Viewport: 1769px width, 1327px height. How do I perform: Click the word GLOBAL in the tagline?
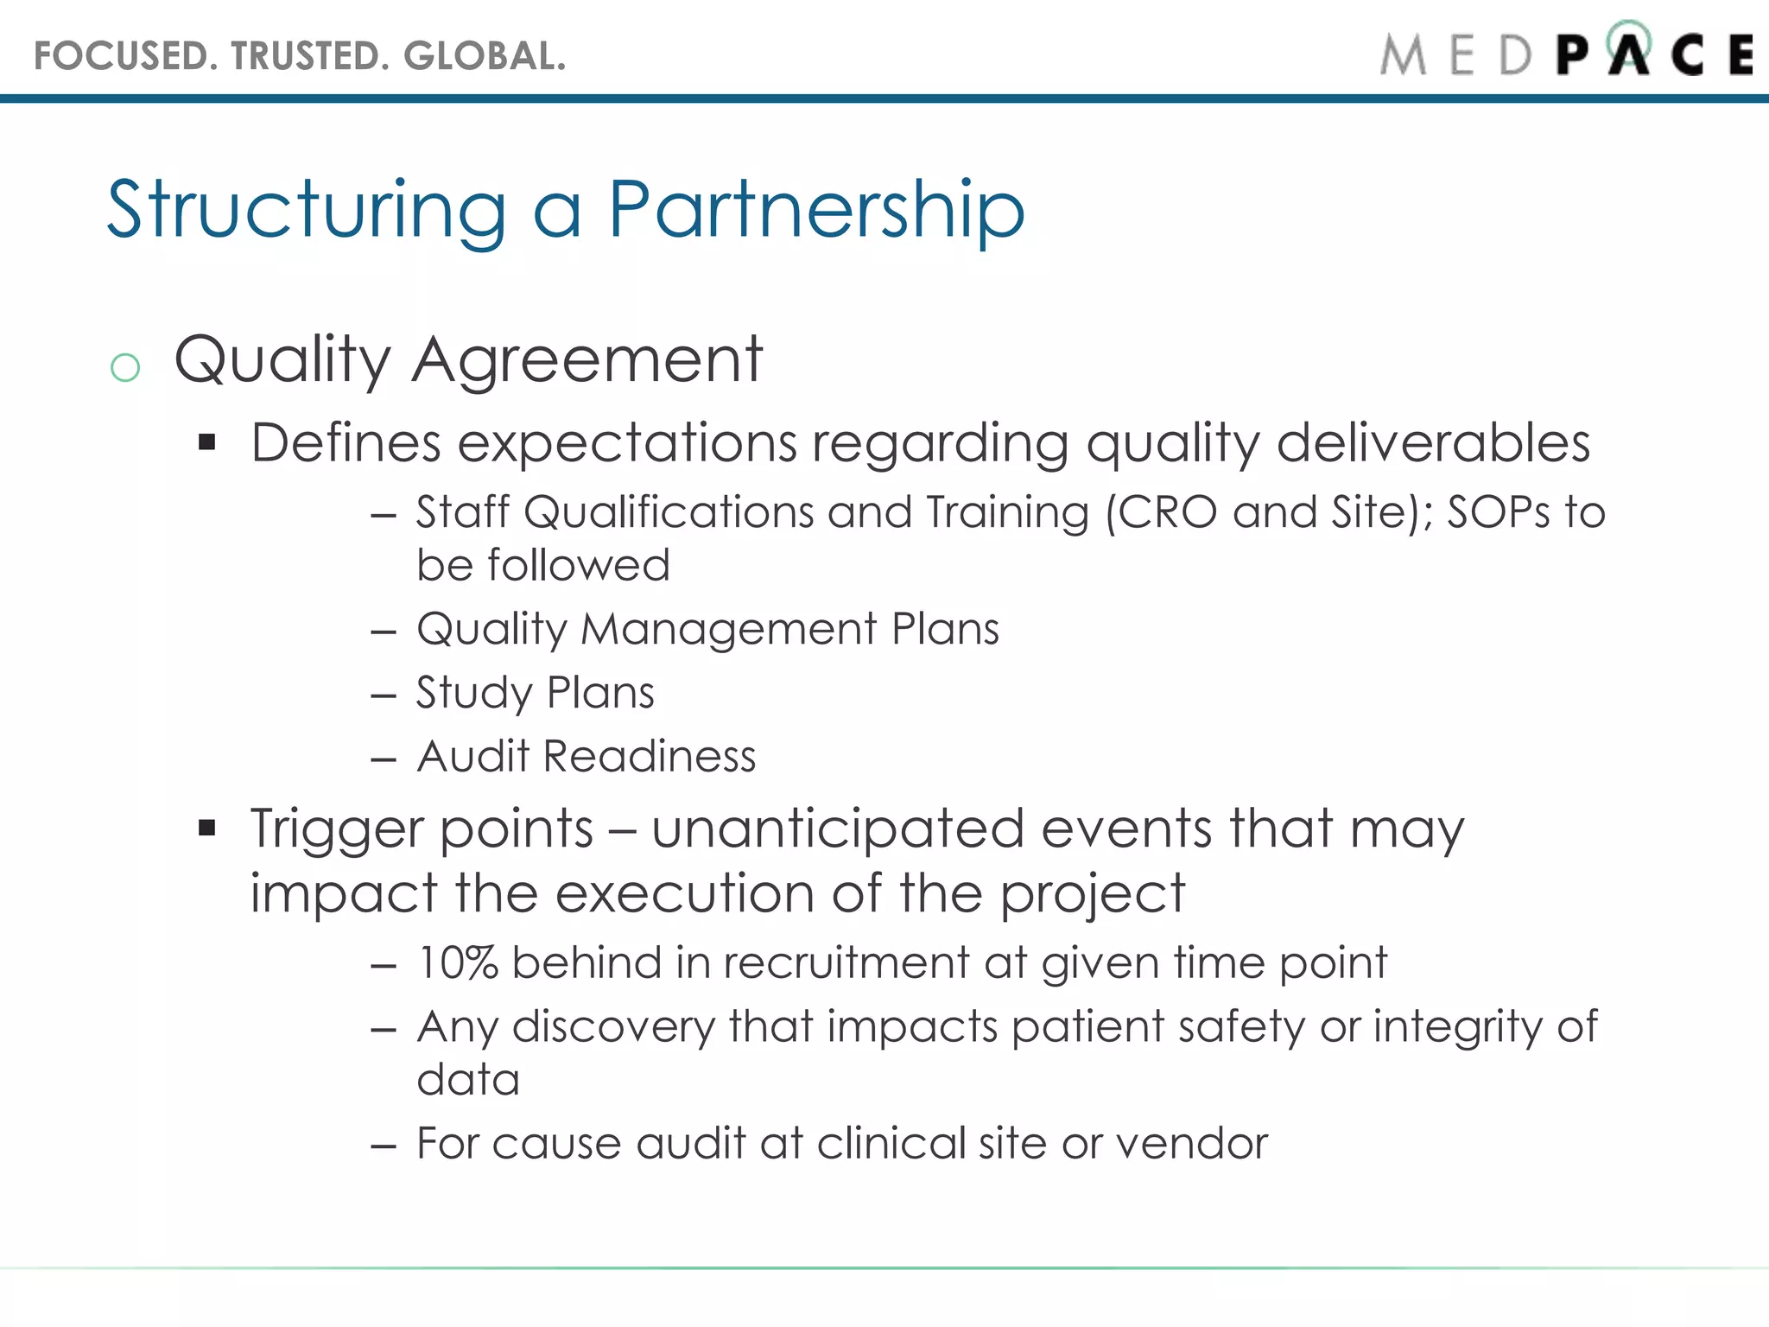pyautogui.click(x=484, y=56)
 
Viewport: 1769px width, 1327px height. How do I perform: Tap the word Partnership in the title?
pyautogui.click(x=816, y=210)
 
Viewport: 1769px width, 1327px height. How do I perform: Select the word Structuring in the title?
pyautogui.click(x=307, y=210)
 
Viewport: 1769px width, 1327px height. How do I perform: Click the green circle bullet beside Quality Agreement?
pyautogui.click(x=125, y=368)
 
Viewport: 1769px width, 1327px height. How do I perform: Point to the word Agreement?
pyautogui.click(x=587, y=359)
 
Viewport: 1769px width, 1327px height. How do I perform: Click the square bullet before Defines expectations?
pyautogui.click(x=206, y=443)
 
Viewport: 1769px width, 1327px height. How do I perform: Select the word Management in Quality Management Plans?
pyautogui.click(x=729, y=629)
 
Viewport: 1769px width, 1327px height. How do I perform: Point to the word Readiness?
pyautogui.click(x=650, y=757)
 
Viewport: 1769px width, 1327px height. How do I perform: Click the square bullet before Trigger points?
pyautogui.click(x=206, y=829)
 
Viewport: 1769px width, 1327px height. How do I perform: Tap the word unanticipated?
pyautogui.click(x=838, y=829)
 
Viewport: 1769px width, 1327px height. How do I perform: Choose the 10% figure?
pyautogui.click(x=458, y=963)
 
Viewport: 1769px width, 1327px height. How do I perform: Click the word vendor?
pyautogui.click(x=1192, y=1144)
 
